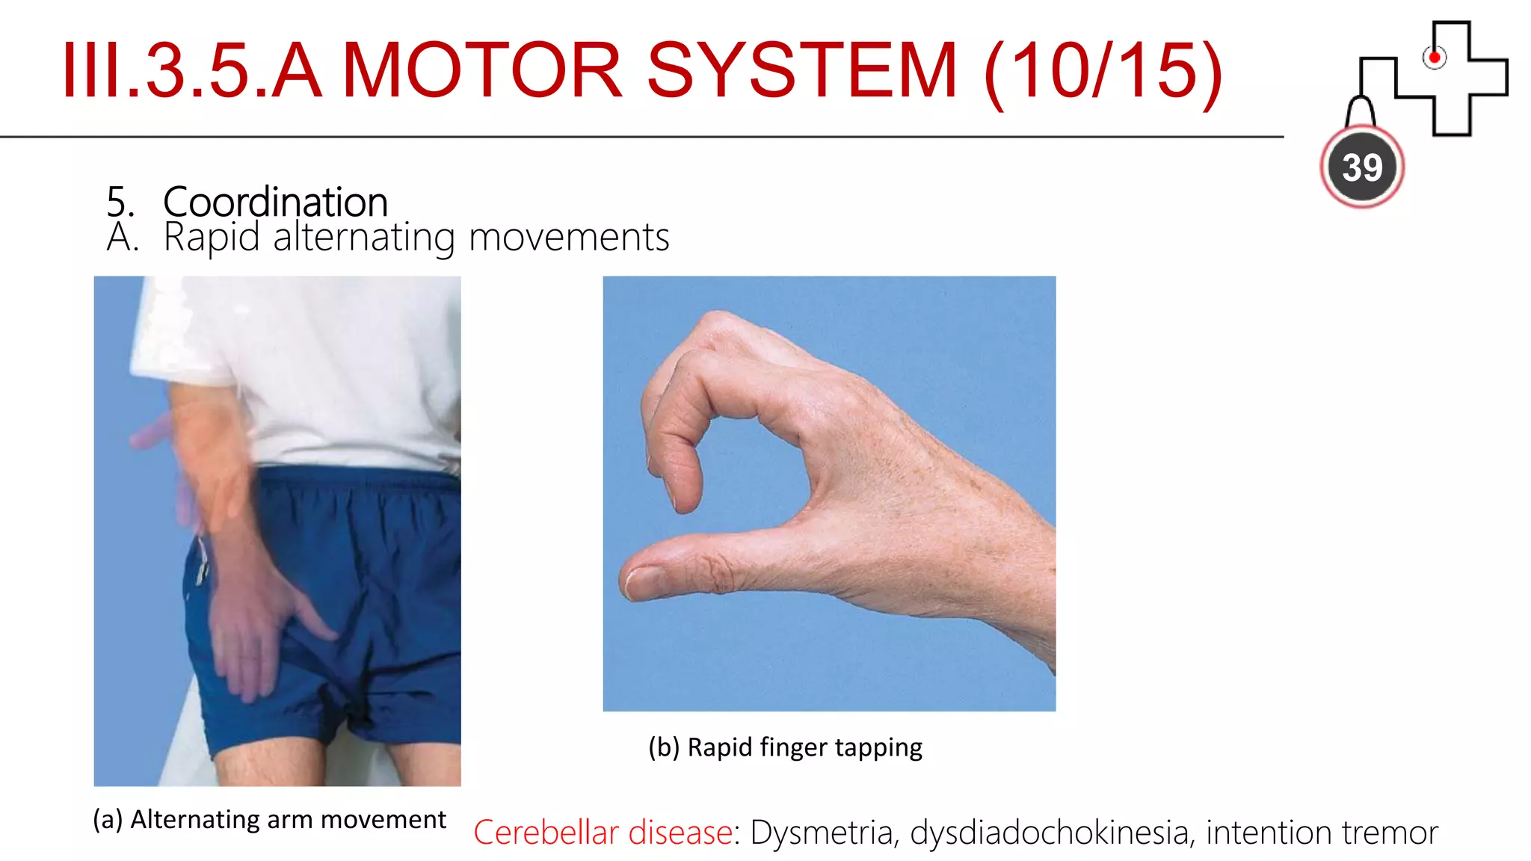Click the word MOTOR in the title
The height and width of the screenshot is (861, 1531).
tap(482, 70)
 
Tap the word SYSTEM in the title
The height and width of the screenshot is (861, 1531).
tap(801, 70)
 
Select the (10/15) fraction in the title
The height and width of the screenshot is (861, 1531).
tap(1103, 72)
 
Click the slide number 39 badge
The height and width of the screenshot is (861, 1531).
tap(1362, 167)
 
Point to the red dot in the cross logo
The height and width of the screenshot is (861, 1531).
tap(1434, 58)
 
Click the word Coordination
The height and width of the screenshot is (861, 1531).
tap(275, 202)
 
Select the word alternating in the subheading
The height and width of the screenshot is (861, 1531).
tap(364, 238)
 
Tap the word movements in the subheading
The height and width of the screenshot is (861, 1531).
tap(569, 238)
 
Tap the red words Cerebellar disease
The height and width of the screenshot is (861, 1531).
tap(603, 832)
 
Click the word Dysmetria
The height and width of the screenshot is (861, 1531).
tap(822, 832)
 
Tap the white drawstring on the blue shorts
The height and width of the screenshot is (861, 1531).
tap(202, 561)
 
